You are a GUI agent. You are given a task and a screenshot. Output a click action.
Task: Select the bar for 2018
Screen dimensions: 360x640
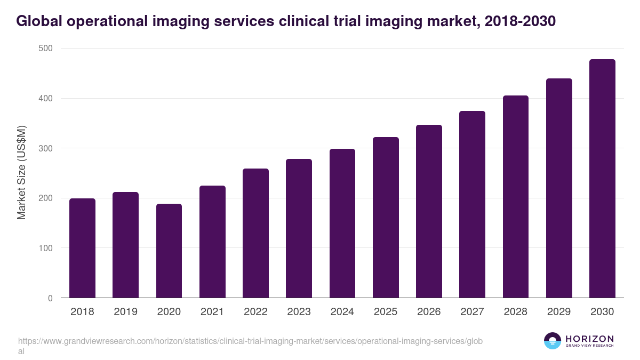point(82,248)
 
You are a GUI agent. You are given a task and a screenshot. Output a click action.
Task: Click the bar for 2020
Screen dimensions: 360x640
point(169,251)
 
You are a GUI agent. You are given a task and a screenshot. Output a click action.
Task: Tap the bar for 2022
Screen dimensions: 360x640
point(255,233)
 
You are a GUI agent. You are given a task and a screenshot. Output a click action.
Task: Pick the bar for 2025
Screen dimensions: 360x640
point(386,217)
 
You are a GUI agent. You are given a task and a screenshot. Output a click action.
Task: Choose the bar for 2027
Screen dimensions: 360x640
point(472,204)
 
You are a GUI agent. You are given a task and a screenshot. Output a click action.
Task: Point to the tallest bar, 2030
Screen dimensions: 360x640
point(602,178)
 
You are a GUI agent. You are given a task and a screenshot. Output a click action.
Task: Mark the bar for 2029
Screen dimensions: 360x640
point(559,188)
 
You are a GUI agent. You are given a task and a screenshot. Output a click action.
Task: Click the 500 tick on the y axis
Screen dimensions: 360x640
point(46,49)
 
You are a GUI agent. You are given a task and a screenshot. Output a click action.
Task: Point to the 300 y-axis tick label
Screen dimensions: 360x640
point(46,148)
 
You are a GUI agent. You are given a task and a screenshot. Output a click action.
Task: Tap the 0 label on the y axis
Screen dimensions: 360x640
point(50,298)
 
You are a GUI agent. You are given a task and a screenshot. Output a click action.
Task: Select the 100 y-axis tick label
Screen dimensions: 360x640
point(46,248)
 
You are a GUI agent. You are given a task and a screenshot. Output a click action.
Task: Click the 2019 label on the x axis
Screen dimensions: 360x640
point(125,312)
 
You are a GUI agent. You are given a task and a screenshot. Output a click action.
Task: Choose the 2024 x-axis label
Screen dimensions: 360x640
point(342,312)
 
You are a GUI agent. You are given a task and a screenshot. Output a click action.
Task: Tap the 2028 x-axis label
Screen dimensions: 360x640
point(515,312)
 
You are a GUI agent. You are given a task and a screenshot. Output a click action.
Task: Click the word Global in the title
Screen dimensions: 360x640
point(38,21)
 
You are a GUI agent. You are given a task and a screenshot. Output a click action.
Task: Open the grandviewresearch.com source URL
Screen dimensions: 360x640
point(250,341)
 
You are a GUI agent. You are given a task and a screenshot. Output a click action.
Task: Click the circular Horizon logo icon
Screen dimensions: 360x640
point(553,341)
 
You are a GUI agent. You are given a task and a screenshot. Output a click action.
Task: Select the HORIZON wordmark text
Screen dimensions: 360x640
point(589,339)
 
